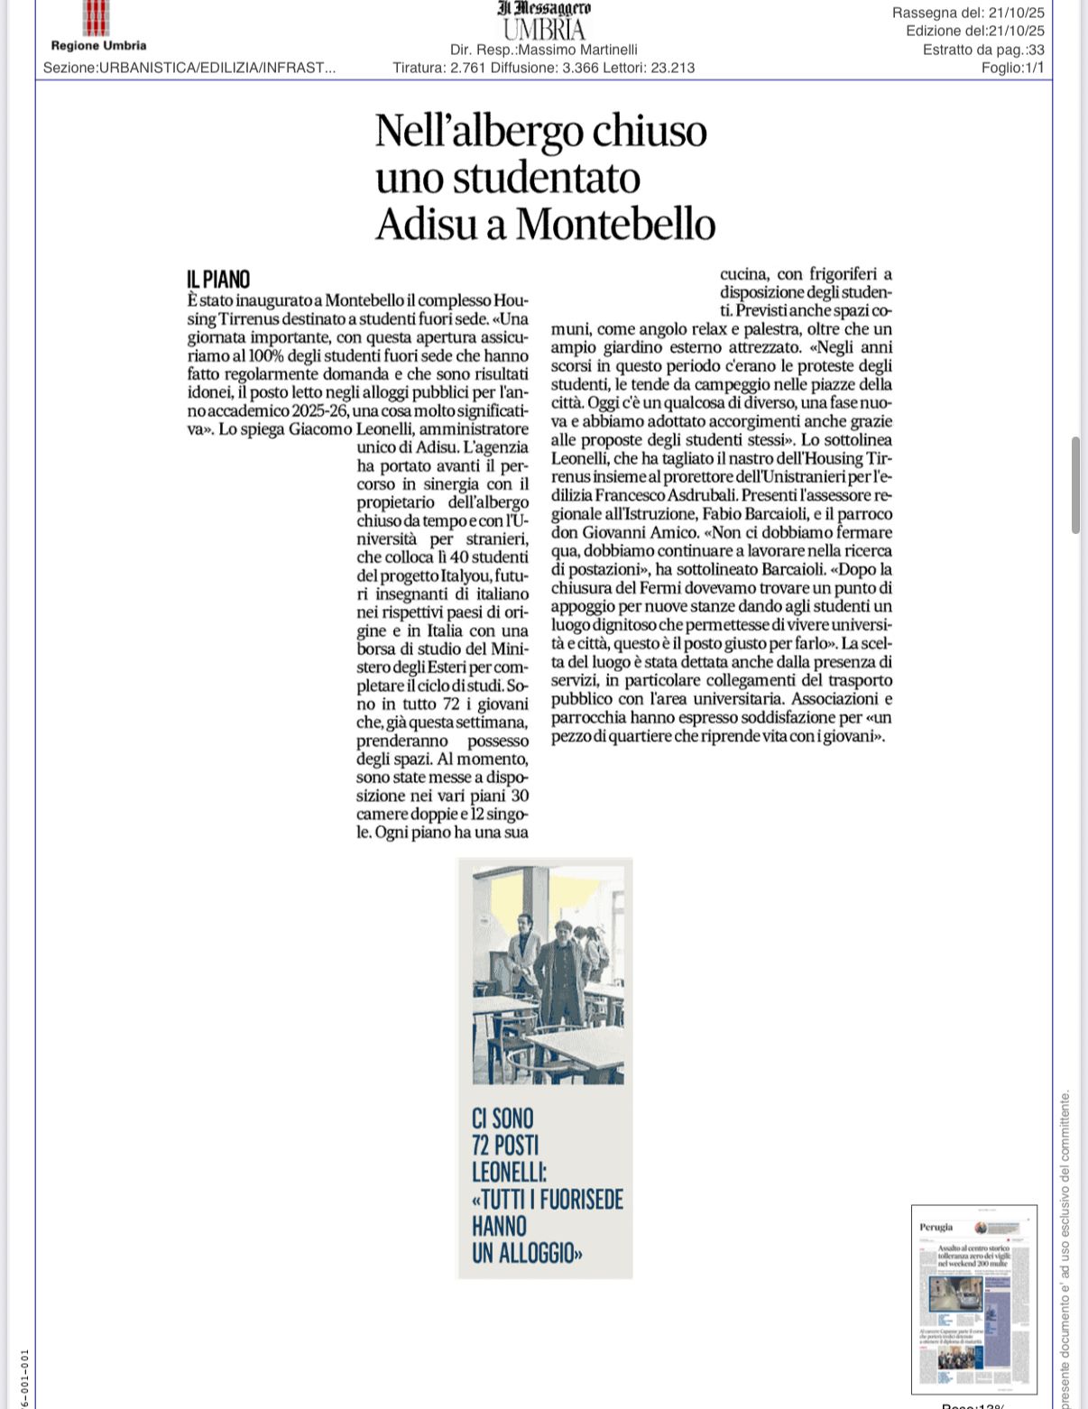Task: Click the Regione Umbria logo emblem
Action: (97, 18)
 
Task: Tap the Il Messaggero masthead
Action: (544, 8)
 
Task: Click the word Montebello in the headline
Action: (615, 224)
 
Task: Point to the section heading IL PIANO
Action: (218, 279)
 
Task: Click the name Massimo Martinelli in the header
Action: (585, 50)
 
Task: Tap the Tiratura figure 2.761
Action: (468, 68)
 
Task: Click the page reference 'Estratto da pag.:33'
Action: (982, 50)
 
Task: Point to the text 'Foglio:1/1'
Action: (1012, 68)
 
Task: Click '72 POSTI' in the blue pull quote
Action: (505, 1145)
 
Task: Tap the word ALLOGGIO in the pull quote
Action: (523, 1253)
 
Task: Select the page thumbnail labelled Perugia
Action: (973, 1298)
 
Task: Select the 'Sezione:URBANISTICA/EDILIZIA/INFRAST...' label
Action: (189, 68)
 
